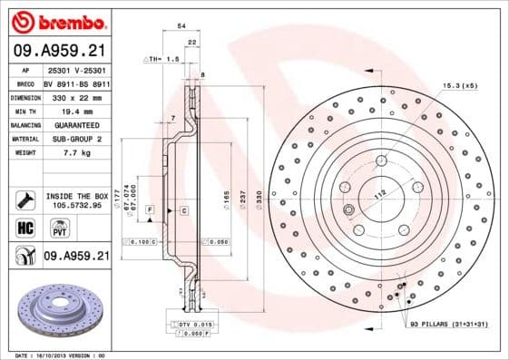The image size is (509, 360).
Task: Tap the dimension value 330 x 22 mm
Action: pyautogui.click(x=75, y=95)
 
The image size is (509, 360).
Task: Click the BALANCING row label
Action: pyautogui.click(x=24, y=124)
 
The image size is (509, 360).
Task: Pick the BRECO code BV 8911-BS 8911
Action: pyautogui.click(x=75, y=81)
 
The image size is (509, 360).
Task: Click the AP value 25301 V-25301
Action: pyautogui.click(x=75, y=67)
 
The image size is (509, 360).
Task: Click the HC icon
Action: pyautogui.click(x=24, y=227)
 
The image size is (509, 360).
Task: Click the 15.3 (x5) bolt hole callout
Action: pyautogui.click(x=458, y=84)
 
